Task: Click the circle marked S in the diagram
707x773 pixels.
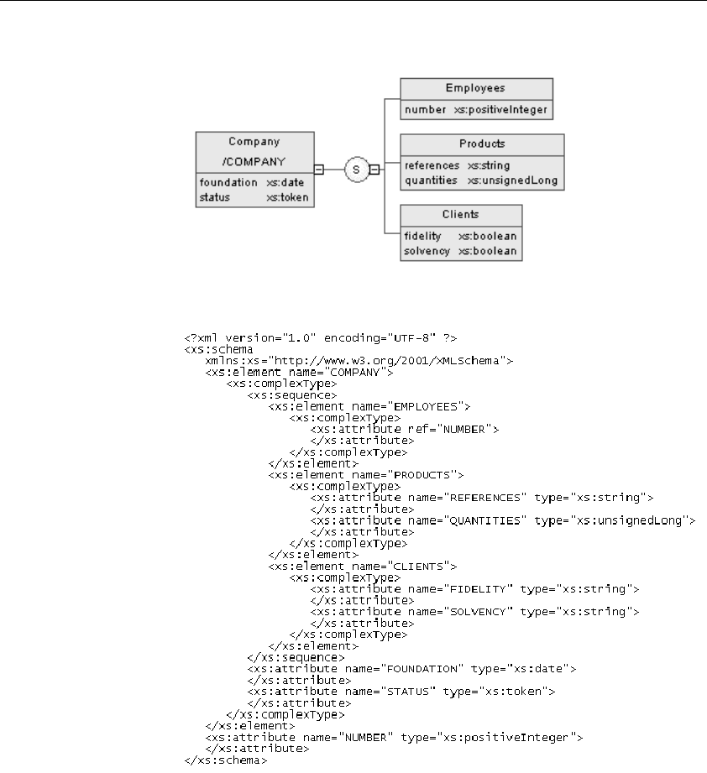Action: (x=357, y=170)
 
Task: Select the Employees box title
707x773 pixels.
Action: (x=475, y=88)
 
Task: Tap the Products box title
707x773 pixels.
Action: (x=482, y=144)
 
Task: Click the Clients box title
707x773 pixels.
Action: (x=460, y=215)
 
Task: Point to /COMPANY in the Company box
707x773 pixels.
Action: (x=254, y=162)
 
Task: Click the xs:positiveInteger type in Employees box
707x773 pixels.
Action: (x=500, y=110)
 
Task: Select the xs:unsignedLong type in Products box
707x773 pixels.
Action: (x=513, y=180)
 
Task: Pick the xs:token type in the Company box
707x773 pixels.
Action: (x=287, y=197)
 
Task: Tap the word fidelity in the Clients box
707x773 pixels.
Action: (x=422, y=236)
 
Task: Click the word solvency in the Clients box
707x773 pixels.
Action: (x=427, y=251)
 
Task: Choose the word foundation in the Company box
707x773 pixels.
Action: (x=228, y=182)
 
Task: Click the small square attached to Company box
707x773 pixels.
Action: (x=319, y=170)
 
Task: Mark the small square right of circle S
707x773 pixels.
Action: (x=374, y=170)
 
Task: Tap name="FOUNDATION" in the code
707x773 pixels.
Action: (x=404, y=669)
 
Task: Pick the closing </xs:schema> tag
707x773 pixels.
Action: (x=226, y=760)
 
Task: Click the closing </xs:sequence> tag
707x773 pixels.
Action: (x=296, y=658)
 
